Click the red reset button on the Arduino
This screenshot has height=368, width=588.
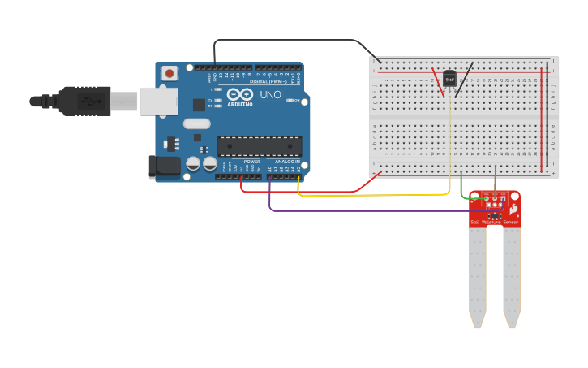click(170, 73)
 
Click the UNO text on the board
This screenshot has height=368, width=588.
click(270, 95)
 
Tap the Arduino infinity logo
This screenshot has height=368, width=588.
click(240, 95)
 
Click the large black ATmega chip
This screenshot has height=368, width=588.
click(260, 146)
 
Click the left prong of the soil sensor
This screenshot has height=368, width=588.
click(477, 276)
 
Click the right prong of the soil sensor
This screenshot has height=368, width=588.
click(511, 276)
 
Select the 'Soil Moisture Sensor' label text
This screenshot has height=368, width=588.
click(494, 221)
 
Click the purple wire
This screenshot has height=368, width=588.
click(365, 211)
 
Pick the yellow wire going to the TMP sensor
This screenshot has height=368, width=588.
click(449, 146)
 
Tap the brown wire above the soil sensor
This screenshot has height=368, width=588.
click(496, 180)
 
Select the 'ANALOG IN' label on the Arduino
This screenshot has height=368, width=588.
click(286, 162)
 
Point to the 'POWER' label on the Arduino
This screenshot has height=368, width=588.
click(252, 162)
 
